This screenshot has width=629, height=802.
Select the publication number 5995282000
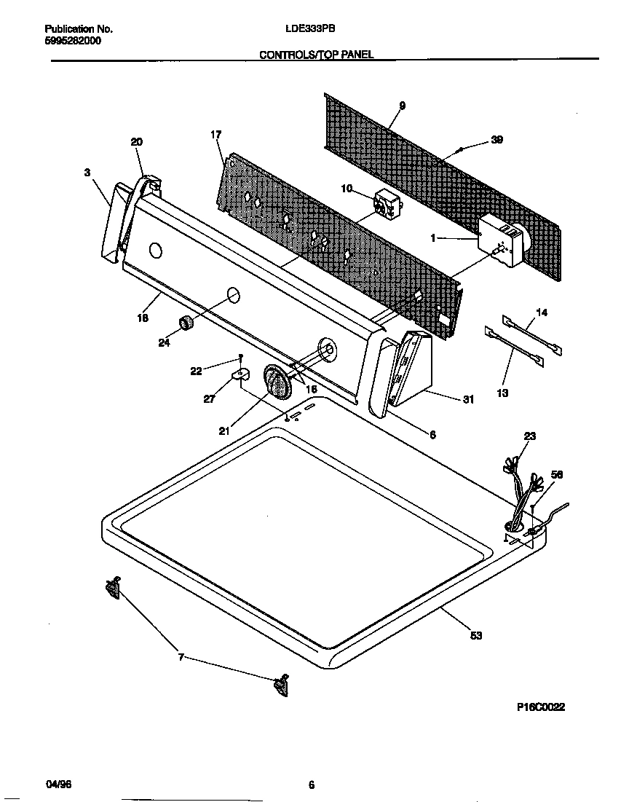pyautogui.click(x=73, y=41)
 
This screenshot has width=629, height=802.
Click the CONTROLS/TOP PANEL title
pyautogui.click(x=317, y=55)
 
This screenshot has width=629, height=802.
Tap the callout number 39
pyautogui.click(x=497, y=140)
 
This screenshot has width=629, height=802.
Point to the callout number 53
pyautogui.click(x=475, y=635)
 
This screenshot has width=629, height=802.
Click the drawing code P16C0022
pyautogui.click(x=541, y=707)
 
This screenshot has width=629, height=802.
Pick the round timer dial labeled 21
pyautogui.click(x=277, y=382)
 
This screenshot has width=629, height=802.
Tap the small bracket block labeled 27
pyautogui.click(x=240, y=377)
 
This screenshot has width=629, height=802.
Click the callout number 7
pyautogui.click(x=181, y=658)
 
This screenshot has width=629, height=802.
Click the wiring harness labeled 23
pyautogui.click(x=523, y=495)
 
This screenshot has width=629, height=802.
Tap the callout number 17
pyautogui.click(x=215, y=134)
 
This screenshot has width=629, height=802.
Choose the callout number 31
pyautogui.click(x=468, y=399)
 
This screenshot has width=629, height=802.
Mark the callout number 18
pyautogui.click(x=143, y=318)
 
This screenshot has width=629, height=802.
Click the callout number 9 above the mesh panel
pyautogui.click(x=402, y=106)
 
